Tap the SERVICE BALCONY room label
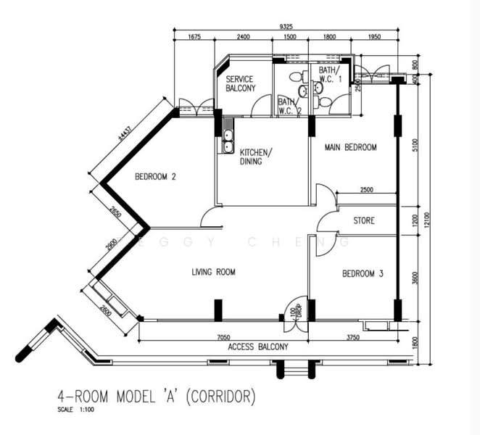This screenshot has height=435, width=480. click(x=241, y=83)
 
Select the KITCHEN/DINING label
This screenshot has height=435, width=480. click(x=256, y=157)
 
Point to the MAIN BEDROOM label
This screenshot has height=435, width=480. click(x=351, y=147)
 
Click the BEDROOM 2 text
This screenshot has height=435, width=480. click(x=156, y=177)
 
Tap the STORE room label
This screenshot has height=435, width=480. click(x=364, y=220)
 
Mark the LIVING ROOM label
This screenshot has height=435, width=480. click(x=214, y=273)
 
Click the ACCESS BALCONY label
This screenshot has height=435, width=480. click(x=258, y=347)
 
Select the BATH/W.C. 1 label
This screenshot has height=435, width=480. click(x=330, y=75)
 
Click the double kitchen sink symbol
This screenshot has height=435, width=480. click(x=228, y=141)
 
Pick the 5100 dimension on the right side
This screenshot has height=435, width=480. click(x=413, y=144)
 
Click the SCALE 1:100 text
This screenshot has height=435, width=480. click(x=75, y=410)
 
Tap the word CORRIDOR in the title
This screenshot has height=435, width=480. click(x=219, y=397)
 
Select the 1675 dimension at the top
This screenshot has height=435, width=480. click(x=194, y=37)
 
